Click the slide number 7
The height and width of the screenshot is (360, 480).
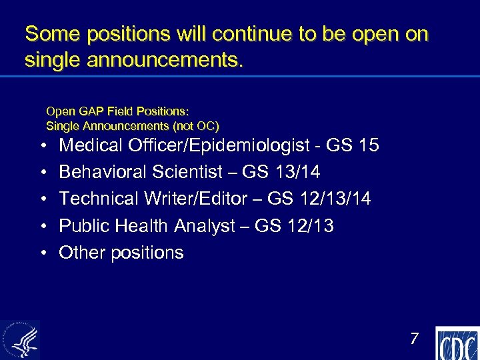[414, 339]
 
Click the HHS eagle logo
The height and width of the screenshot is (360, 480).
[20, 340]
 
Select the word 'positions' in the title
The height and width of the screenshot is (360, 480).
[122, 34]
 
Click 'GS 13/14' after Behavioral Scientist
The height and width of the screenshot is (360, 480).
[281, 172]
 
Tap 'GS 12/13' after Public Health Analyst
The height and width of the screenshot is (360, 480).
[294, 226]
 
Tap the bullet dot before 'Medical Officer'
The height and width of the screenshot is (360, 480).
[42, 146]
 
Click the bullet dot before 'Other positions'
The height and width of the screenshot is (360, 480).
[42, 253]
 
